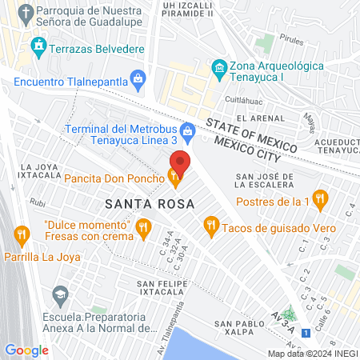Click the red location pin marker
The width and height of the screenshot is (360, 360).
180,162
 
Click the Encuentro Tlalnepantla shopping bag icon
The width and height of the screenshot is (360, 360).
138,78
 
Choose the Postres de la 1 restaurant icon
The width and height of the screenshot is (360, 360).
320,198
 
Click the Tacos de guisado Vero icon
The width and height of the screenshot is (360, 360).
211,226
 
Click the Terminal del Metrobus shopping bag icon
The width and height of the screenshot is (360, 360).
188,129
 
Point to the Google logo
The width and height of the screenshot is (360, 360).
26,350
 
